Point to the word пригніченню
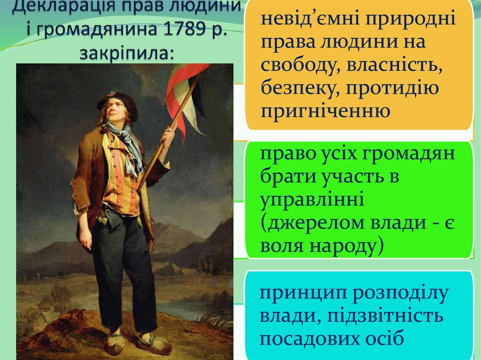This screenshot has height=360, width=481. tap(325, 111)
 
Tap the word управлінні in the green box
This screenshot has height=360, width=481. tap(312, 200)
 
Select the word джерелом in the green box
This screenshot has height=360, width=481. tap(314, 223)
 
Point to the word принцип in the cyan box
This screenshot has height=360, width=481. tap(303, 294)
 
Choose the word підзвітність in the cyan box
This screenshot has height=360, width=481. tap(386, 315)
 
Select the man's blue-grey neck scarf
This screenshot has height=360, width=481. tap(127, 144)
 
